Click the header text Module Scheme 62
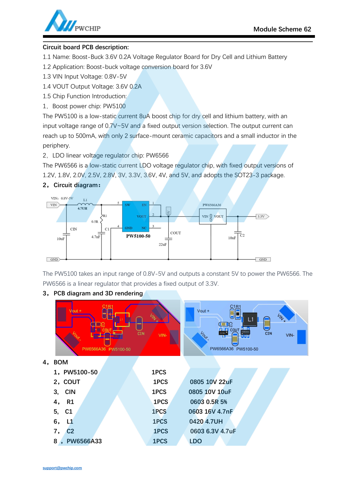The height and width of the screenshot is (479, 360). tap(282, 29)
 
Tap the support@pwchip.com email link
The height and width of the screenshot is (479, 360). tap(62, 468)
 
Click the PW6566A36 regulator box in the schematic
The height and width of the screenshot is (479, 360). tap(212, 217)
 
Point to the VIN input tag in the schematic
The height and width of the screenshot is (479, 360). tap(54, 205)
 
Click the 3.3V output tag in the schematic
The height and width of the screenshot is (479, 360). tap(262, 217)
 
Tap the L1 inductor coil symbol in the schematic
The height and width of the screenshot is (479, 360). tap(85, 204)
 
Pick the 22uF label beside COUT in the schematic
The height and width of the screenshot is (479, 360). tap(163, 245)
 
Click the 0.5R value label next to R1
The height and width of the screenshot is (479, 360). tap(95, 222)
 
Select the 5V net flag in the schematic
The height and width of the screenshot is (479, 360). tap(169, 211)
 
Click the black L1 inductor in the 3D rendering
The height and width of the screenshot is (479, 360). tap(250, 319)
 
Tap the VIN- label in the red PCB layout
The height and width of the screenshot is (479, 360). tap(163, 335)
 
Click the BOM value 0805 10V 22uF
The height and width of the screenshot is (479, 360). tap(211, 382)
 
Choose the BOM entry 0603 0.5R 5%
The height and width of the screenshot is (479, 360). tap(208, 402)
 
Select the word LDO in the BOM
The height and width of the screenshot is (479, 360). tap(195, 441)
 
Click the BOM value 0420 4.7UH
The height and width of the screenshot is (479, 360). tap(206, 422)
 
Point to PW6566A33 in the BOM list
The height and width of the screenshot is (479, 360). tap(84, 441)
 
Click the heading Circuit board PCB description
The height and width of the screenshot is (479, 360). tap(86, 47)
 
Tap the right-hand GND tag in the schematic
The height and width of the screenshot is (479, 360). tap(263, 259)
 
